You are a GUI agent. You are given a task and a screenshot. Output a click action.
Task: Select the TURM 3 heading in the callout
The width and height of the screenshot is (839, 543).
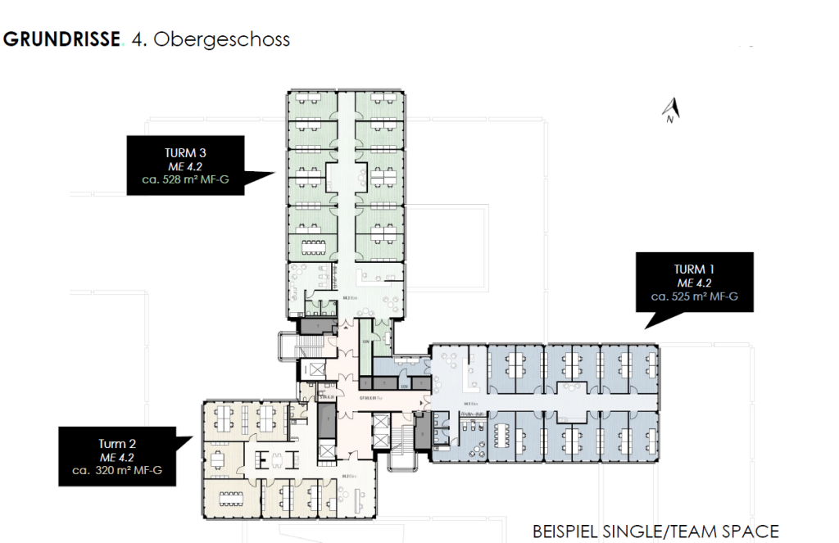[x=185, y=153]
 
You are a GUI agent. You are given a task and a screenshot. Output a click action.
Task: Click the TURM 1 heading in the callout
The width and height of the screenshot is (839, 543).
[x=695, y=269]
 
